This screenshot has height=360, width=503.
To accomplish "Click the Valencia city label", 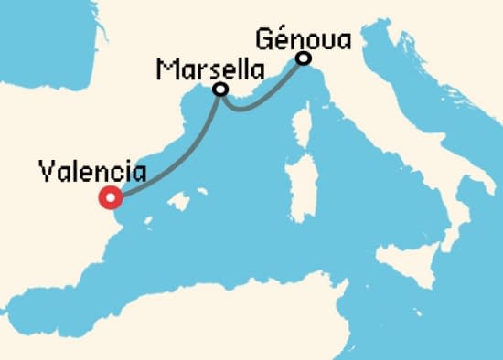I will pos(92,171).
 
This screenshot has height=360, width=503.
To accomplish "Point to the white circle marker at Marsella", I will pos(219,90).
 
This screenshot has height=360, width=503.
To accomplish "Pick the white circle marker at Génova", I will pos(303,59).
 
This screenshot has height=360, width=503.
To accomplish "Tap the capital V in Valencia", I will pos(48,171).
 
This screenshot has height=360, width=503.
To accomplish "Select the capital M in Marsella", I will pos(166,69).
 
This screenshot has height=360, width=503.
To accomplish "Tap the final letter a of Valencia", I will pos(138,172).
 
